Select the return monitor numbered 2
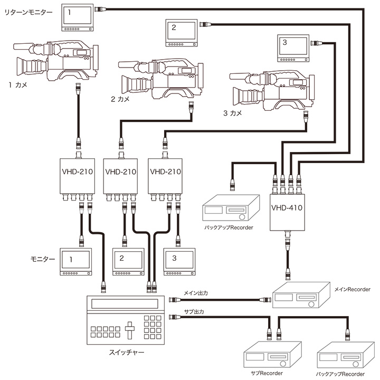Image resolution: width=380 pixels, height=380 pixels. pyautogui.click(x=180, y=33)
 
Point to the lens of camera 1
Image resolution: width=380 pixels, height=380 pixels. pyautogui.click(x=26, y=66)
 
